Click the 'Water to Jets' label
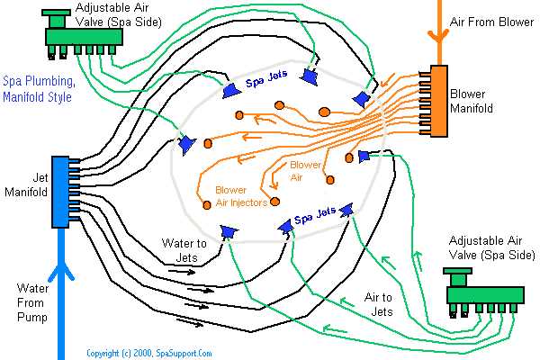(x=184, y=249)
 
